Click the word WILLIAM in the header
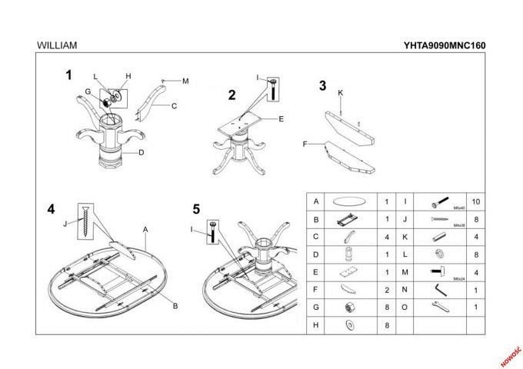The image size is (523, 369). [56, 45]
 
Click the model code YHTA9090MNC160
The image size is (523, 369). [444, 45]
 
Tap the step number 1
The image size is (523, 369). [68, 75]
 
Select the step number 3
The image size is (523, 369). [322, 85]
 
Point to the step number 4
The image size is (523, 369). [51, 208]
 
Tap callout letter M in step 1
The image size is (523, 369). [185, 81]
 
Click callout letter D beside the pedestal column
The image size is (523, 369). [142, 152]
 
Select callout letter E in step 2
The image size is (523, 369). [281, 119]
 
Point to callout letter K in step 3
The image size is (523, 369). [340, 93]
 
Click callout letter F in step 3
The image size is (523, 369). [305, 144]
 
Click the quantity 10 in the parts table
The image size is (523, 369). [475, 201]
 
